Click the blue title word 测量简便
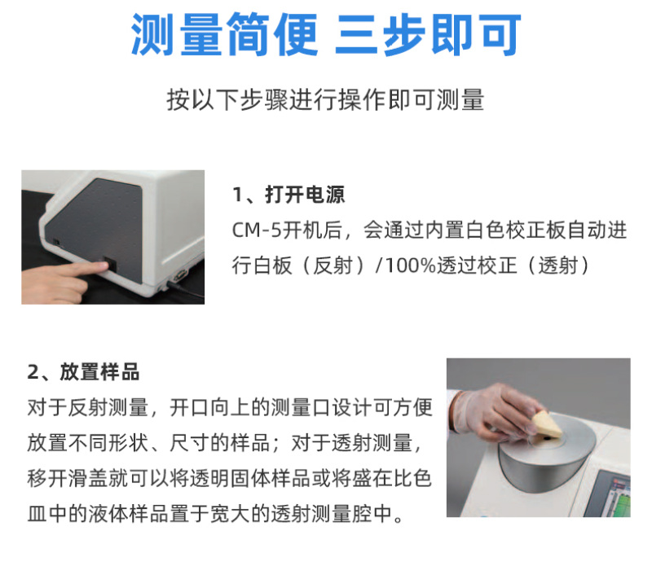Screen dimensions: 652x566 coord(225,34)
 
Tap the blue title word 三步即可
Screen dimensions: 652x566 coord(428,34)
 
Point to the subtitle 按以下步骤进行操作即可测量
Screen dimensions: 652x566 coord(325,99)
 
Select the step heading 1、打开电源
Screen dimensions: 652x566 coord(289,195)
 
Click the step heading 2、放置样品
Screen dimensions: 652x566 coord(83,372)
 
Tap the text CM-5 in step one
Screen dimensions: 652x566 coord(257,230)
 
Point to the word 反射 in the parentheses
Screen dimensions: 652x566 coord(333,265)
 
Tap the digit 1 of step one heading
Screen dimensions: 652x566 coord(237,195)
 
